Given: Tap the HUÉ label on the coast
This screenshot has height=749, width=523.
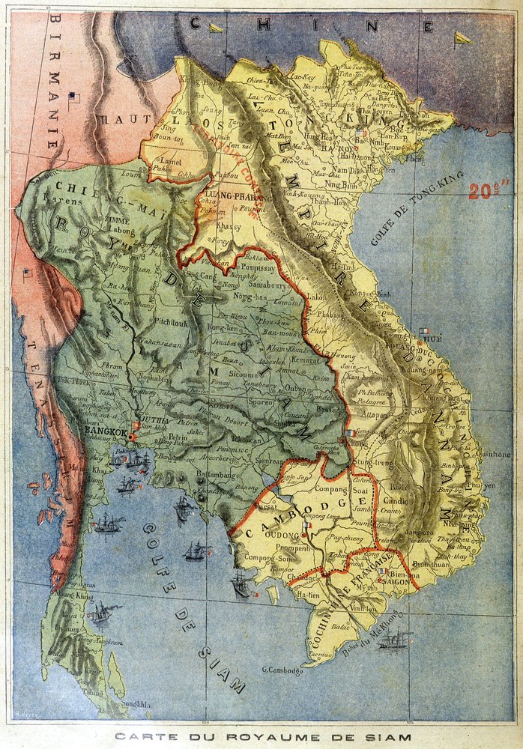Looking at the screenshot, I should [433, 339].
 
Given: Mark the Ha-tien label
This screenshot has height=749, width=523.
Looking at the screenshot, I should [309, 594].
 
